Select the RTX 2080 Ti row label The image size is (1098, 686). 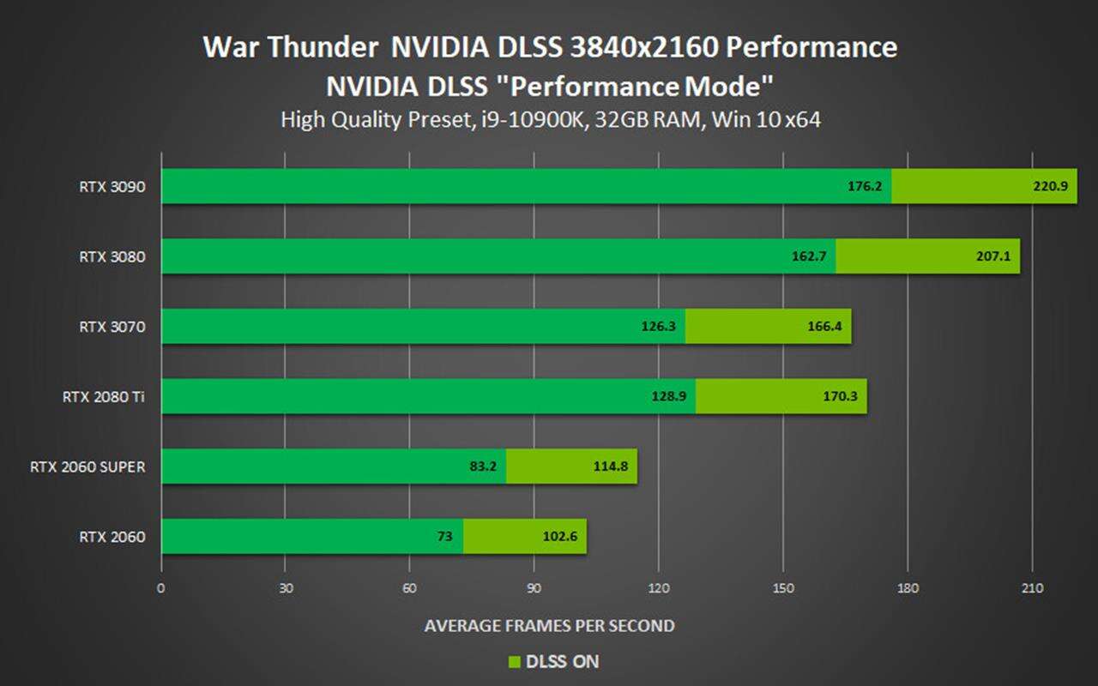pyautogui.click(x=103, y=397)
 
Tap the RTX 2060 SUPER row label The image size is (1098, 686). pyautogui.click(x=87, y=467)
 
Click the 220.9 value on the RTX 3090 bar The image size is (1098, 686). pyautogui.click(x=1050, y=186)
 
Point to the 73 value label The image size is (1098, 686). pyautogui.click(x=444, y=538)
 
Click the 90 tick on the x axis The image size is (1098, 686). pyautogui.click(x=534, y=588)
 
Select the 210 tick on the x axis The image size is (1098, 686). pyautogui.click(x=1032, y=588)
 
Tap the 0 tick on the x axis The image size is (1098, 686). pyautogui.click(x=161, y=588)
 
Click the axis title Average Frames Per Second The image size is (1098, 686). pyautogui.click(x=549, y=626)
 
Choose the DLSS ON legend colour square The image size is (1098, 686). pyautogui.click(x=515, y=662)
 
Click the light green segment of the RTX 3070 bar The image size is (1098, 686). pyautogui.click(x=768, y=327)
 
